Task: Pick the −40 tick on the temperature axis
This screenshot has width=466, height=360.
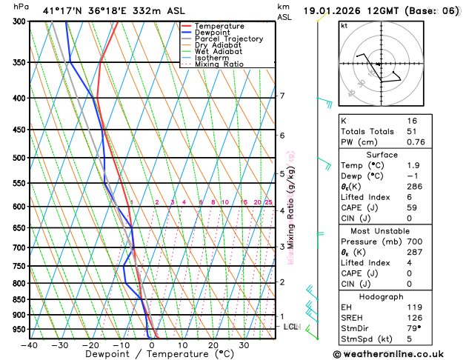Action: point(30,345)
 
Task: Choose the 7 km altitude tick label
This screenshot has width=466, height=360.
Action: point(282,96)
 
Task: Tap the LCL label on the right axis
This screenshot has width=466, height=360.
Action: point(290,326)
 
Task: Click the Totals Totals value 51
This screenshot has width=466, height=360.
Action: point(412,131)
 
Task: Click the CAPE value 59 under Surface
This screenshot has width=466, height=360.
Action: point(412,207)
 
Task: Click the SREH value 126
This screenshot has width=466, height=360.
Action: point(415,317)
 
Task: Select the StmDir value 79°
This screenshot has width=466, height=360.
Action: point(413,328)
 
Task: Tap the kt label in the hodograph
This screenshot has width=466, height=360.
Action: point(344,25)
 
